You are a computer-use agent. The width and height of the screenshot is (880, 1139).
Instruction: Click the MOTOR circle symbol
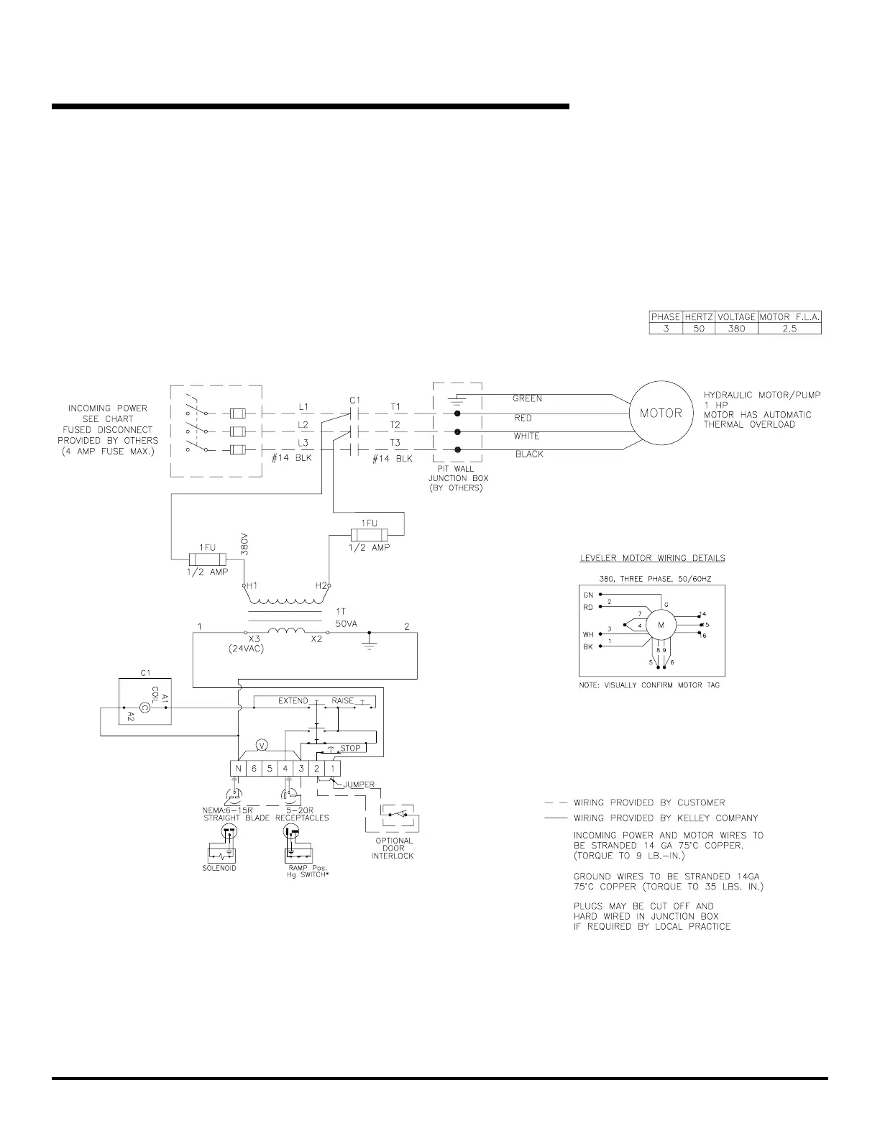[661, 413]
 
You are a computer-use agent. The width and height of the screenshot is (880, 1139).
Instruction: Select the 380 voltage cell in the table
[737, 329]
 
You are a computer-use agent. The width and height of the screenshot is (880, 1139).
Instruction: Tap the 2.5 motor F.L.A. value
[789, 329]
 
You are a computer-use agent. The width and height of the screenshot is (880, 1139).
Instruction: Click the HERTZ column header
[699, 317]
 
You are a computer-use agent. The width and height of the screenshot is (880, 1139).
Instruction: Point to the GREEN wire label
[527, 398]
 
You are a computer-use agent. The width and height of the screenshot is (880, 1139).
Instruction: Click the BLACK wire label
[529, 454]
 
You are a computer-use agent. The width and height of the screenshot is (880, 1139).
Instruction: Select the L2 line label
[303, 425]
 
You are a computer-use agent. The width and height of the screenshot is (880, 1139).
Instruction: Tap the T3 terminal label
[395, 443]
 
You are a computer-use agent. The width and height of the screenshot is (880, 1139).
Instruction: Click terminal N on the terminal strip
[238, 769]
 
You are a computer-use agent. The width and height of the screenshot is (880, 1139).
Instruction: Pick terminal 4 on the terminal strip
[285, 769]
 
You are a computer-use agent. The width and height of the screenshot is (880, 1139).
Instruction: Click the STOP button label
[350, 749]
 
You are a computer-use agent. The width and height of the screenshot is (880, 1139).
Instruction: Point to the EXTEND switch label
[293, 701]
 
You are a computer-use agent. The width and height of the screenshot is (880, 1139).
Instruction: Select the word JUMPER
[359, 785]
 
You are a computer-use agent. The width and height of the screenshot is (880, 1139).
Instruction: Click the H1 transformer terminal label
[252, 586]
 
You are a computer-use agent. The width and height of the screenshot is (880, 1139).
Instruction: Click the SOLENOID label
[219, 868]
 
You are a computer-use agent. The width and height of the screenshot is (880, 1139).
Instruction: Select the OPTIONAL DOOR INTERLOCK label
[393, 848]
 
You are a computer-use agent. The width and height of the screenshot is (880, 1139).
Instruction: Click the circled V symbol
[262, 746]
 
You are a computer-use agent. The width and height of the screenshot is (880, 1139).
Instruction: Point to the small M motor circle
[661, 625]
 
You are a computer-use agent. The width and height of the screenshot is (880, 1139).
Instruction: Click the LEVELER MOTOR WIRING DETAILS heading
[652, 558]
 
